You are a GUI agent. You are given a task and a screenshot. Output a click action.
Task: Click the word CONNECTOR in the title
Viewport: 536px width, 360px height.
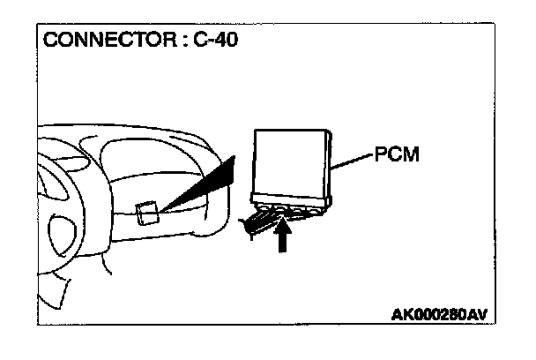[x=96, y=41]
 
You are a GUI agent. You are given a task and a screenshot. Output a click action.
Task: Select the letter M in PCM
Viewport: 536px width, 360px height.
[x=410, y=155]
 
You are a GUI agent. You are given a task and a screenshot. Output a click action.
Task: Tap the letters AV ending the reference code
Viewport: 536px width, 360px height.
[x=476, y=314]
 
